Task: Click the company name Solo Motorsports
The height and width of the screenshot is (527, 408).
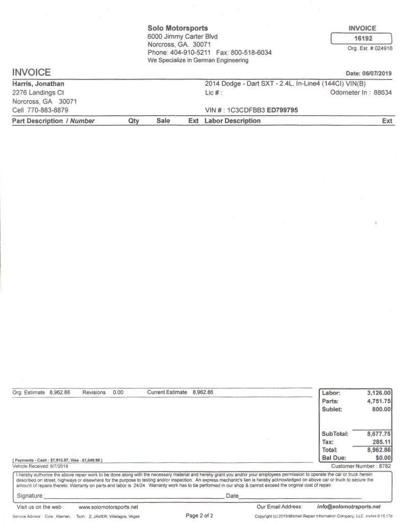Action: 177,28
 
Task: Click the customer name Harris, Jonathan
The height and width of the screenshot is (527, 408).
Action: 38,84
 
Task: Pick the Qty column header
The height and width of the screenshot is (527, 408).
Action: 134,121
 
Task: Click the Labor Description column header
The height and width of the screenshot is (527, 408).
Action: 233,121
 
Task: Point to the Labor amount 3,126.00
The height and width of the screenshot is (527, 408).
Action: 379,393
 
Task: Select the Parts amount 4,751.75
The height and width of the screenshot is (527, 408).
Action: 379,401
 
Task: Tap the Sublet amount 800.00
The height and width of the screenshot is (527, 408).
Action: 382,409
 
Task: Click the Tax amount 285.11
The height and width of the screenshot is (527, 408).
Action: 381,442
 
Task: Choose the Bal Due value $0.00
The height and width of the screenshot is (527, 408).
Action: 382,458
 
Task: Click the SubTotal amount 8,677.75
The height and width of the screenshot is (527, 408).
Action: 379,434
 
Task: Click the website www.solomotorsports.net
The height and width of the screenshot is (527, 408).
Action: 109,507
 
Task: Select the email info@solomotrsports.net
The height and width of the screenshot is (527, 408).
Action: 349,507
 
